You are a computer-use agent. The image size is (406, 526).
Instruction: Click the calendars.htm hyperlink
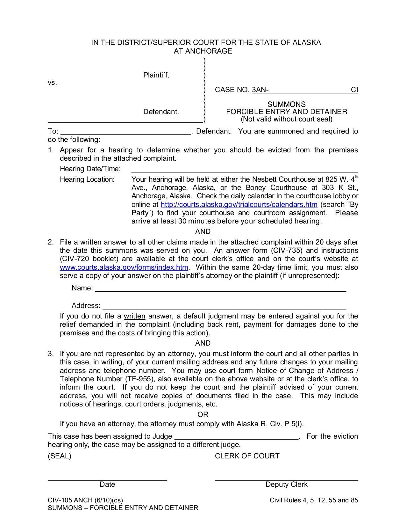(239, 205)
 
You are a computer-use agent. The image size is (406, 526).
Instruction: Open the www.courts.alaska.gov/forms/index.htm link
(124, 267)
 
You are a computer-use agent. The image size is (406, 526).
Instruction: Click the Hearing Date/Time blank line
(244, 169)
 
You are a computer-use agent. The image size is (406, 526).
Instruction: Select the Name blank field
(220, 289)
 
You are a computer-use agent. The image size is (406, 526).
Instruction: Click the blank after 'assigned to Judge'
(236, 437)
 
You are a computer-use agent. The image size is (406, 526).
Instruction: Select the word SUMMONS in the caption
(286, 104)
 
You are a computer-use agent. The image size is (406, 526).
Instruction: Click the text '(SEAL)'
(60, 456)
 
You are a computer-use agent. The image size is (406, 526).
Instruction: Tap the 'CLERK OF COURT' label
(247, 456)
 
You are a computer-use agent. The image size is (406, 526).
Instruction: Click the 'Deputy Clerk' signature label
(286, 485)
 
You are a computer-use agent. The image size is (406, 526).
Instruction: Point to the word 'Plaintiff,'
(156, 75)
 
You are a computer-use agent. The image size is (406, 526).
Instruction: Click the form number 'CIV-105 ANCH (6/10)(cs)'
(85, 500)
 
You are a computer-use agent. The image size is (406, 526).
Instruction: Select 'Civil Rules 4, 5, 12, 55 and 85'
(314, 500)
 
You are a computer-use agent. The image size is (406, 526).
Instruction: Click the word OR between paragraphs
(203, 414)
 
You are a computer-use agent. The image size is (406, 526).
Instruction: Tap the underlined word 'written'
(134, 316)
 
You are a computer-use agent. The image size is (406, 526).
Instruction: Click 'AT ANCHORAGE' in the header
(203, 51)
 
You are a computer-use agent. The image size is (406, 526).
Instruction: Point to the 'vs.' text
(53, 83)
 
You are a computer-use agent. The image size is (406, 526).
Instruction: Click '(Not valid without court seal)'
(286, 119)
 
